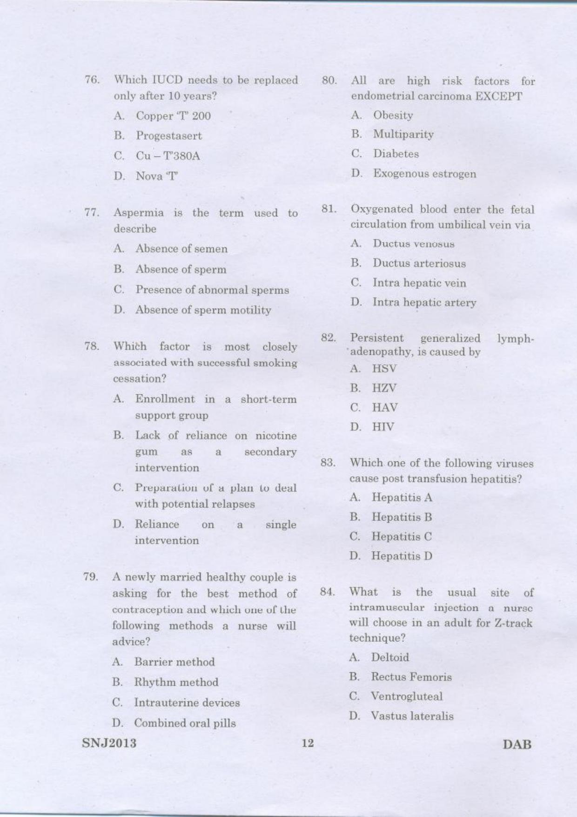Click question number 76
pyautogui.click(x=91, y=80)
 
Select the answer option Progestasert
pyautogui.click(x=169, y=136)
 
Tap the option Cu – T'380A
pyautogui.click(x=168, y=156)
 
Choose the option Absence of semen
pyautogui.click(x=181, y=249)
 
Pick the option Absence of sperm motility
pyautogui.click(x=203, y=310)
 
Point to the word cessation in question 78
pyautogui.click(x=139, y=378)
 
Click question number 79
pyautogui.click(x=91, y=577)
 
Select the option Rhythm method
pyautogui.click(x=176, y=682)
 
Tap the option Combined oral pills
pyautogui.click(x=185, y=723)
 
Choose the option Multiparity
pyautogui.click(x=403, y=135)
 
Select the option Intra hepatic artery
pyautogui.click(x=424, y=303)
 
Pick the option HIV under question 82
pyautogui.click(x=382, y=427)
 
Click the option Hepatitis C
pyautogui.click(x=401, y=537)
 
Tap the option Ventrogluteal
pyautogui.click(x=406, y=696)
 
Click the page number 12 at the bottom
pyautogui.click(x=308, y=743)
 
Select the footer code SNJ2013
pyautogui.click(x=109, y=743)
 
